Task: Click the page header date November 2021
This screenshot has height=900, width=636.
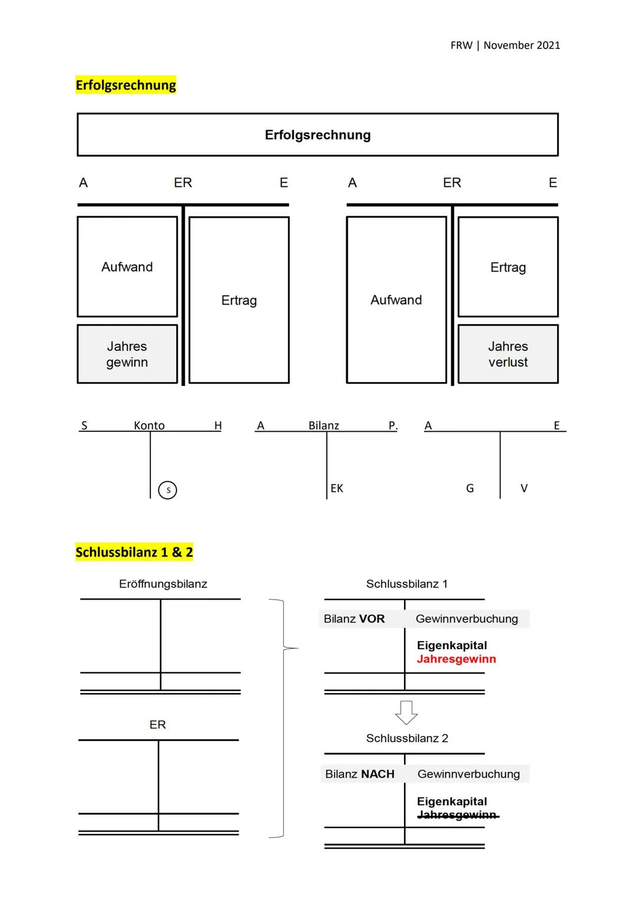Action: (x=521, y=45)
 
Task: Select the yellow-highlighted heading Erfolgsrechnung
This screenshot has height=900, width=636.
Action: (x=126, y=85)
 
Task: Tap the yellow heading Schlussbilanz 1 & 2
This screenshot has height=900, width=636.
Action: (x=134, y=552)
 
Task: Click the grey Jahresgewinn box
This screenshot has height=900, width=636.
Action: (x=127, y=354)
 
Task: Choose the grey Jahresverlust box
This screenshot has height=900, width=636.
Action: (x=508, y=354)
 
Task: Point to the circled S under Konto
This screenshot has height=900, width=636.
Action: (x=168, y=490)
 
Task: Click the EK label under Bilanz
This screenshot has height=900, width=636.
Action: (x=337, y=488)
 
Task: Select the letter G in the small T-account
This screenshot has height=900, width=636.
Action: (x=470, y=488)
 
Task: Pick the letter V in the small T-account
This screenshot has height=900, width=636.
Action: (x=524, y=488)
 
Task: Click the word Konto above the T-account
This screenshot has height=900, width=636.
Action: (x=149, y=425)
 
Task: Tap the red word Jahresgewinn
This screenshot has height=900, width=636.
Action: (x=456, y=659)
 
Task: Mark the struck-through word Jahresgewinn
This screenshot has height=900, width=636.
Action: (x=457, y=815)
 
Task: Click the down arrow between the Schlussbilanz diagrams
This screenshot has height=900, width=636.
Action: (x=406, y=712)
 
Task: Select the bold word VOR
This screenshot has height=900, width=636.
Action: (x=372, y=619)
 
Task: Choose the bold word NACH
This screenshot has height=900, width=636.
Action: (x=377, y=774)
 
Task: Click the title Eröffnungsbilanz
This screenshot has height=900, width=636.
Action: (x=163, y=584)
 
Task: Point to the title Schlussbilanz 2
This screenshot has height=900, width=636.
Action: (x=407, y=738)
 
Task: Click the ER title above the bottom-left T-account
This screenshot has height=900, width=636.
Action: (x=158, y=724)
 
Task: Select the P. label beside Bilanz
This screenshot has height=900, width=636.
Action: (x=393, y=425)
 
